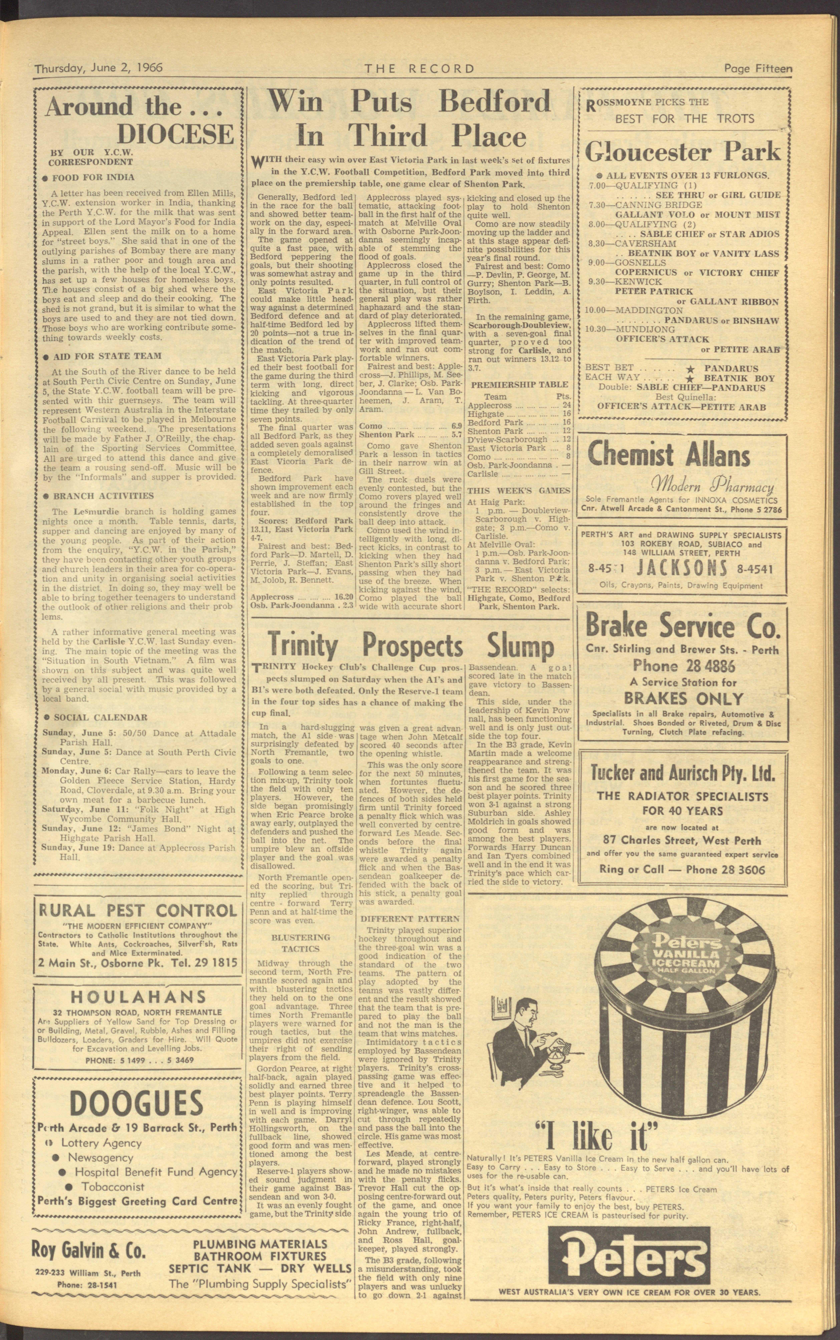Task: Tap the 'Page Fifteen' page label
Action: (758, 68)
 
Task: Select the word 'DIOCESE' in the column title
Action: (175, 135)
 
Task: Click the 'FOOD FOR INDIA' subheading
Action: (93, 178)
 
